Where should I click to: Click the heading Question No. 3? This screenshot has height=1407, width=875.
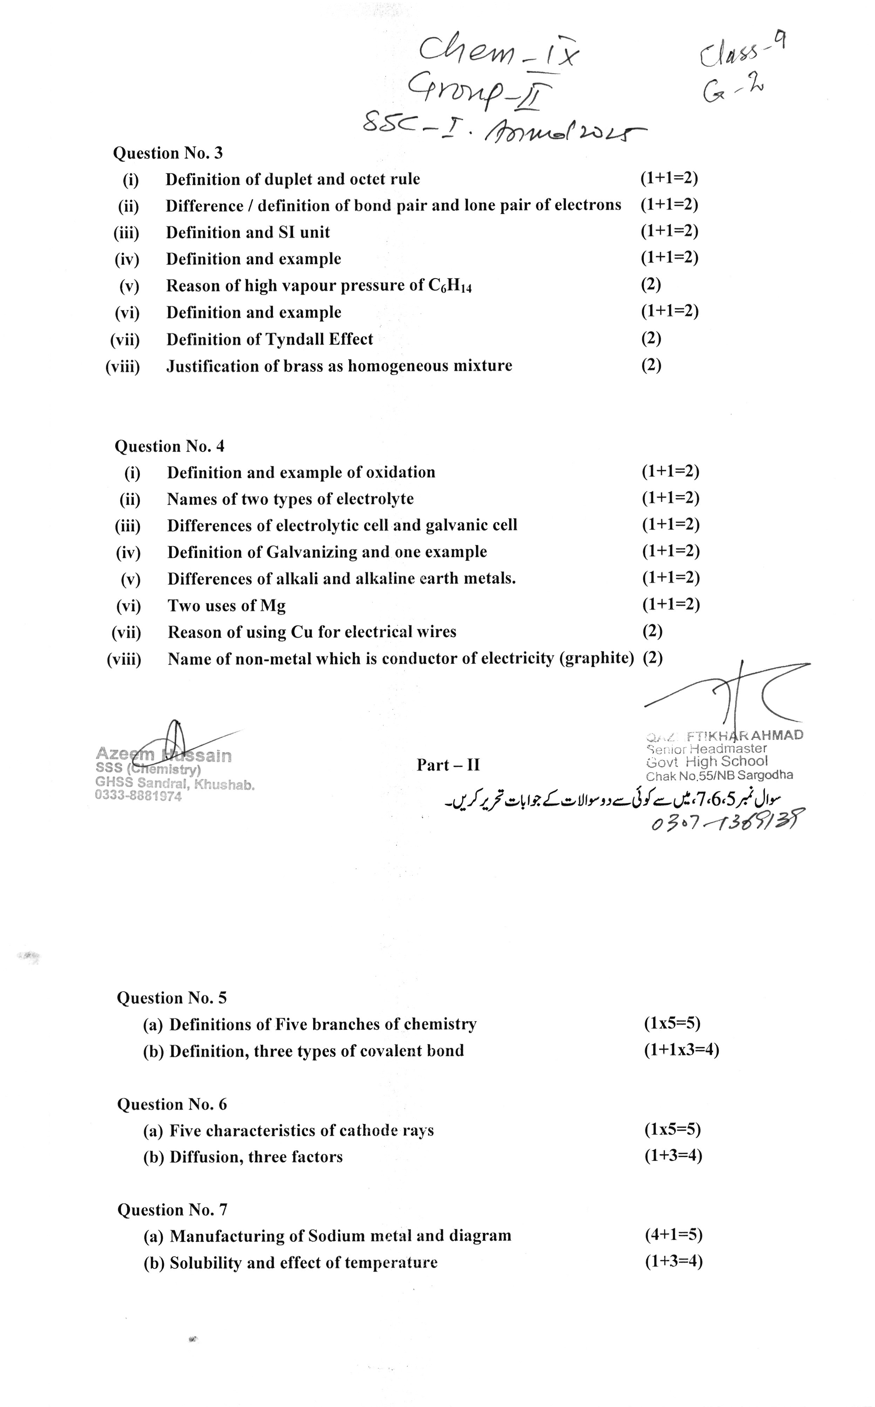tap(168, 153)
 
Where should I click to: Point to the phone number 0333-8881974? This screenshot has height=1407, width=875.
tap(138, 796)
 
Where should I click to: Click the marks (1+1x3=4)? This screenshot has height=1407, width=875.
tap(681, 1050)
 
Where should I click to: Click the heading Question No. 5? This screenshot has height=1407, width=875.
tap(172, 998)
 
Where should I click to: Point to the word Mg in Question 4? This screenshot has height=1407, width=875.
tap(273, 606)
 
